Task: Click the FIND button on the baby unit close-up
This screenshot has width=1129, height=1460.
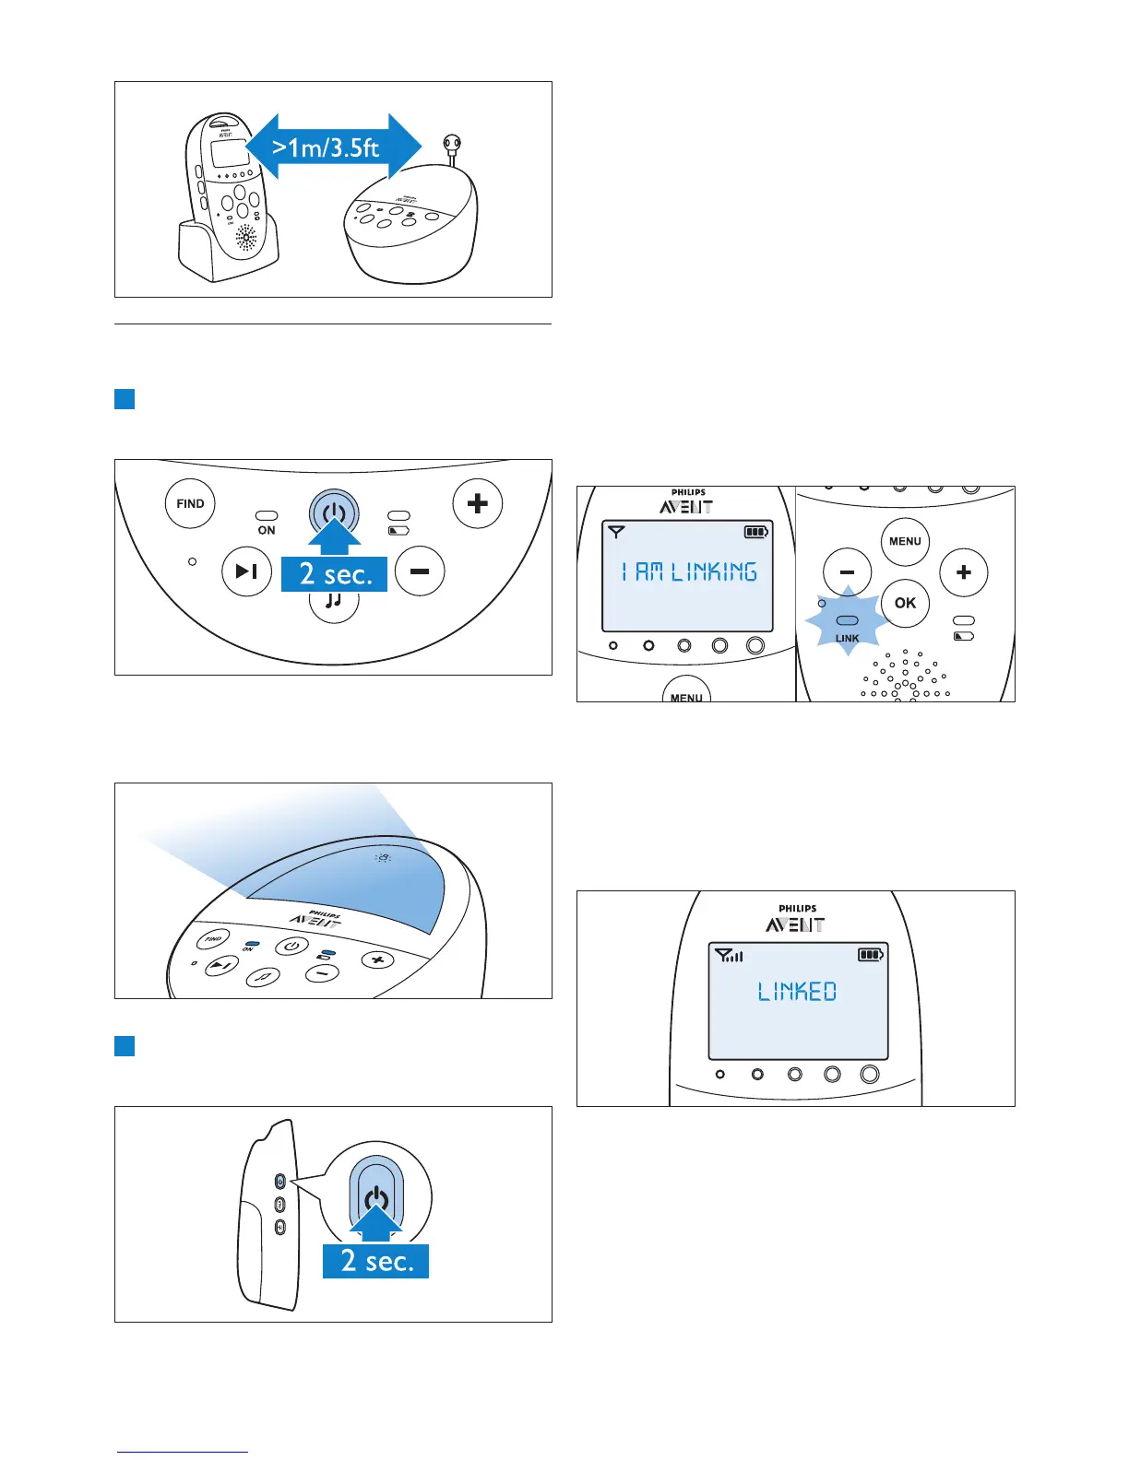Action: tap(190, 504)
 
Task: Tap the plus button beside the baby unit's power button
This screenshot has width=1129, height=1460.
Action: tap(478, 504)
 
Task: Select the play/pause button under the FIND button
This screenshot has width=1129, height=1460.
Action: tap(246, 571)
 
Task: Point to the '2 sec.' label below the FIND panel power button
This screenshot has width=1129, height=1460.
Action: tap(335, 574)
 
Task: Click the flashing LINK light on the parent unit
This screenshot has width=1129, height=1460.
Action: tap(847, 621)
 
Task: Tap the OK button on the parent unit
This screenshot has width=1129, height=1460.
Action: tap(905, 603)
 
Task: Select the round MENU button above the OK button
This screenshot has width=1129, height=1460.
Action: tap(905, 541)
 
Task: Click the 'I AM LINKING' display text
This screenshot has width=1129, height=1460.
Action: tap(689, 572)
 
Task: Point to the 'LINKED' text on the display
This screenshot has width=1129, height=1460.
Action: tap(797, 992)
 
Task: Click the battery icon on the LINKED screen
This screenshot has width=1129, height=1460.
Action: tap(870, 955)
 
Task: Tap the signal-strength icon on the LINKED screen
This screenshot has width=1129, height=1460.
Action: tap(729, 956)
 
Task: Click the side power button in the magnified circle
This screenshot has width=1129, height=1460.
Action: tap(376, 1198)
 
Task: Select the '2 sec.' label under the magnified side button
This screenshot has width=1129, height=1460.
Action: tap(375, 1261)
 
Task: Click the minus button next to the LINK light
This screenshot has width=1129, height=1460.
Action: tap(847, 572)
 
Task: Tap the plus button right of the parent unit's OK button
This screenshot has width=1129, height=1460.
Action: tap(964, 572)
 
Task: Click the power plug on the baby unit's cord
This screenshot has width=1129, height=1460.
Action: tap(452, 144)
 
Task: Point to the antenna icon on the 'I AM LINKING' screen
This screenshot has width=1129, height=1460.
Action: tap(616, 532)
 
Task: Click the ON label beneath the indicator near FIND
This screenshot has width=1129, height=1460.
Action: tap(267, 531)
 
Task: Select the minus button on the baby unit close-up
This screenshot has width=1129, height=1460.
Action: tap(420, 571)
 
